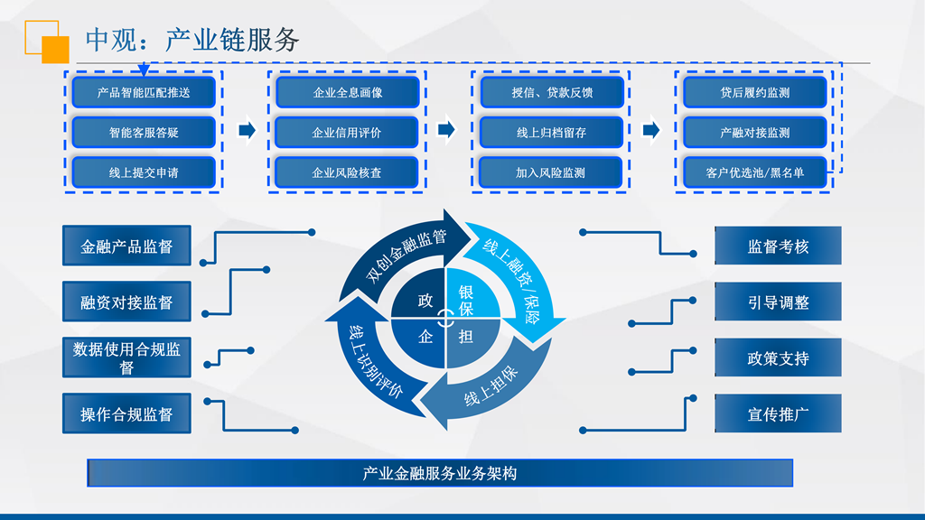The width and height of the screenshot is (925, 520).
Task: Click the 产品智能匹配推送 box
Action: click(144, 92)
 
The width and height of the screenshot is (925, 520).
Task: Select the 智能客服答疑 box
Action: click(144, 132)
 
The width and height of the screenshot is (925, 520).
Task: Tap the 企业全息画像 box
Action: click(348, 92)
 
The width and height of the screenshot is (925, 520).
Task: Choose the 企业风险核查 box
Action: click(347, 172)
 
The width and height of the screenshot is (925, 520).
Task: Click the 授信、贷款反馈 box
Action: click(552, 92)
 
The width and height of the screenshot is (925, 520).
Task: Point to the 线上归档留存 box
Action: click(552, 132)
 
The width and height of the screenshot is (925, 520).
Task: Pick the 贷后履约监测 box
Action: click(755, 92)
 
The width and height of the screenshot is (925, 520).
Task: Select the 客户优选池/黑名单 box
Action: click(755, 172)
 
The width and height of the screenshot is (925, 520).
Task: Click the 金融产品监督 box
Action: click(126, 246)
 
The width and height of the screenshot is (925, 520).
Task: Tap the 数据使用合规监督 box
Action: click(126, 357)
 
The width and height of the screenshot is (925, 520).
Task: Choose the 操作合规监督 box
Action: click(126, 413)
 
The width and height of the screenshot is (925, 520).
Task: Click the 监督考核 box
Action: click(778, 246)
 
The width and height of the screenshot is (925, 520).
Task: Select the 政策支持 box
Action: click(778, 357)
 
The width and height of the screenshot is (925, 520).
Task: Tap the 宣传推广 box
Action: click(778, 413)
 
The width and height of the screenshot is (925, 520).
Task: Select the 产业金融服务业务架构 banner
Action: click(440, 473)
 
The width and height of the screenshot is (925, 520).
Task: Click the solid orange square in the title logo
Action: click(55, 50)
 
